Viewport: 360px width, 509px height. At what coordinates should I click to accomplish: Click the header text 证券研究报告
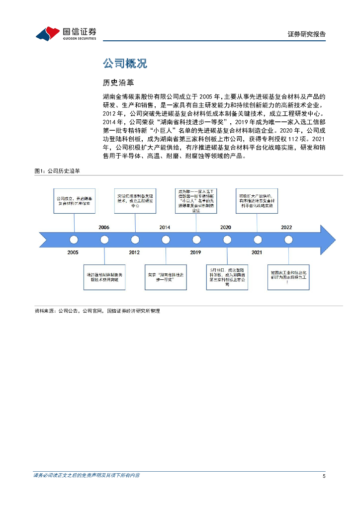[307, 34]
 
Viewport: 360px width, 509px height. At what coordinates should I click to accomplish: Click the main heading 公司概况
[125, 64]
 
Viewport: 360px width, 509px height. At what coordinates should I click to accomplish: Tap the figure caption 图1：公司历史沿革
[57, 170]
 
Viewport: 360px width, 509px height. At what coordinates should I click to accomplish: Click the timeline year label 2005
[73, 253]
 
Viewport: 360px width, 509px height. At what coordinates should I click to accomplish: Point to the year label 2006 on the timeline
[104, 227]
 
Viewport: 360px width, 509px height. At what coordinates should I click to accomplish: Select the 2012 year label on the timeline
[134, 253]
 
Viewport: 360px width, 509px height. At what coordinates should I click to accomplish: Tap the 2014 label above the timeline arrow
[165, 227]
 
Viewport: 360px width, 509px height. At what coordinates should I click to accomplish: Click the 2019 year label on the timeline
[195, 253]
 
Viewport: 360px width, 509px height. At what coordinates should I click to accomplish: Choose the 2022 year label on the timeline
[286, 227]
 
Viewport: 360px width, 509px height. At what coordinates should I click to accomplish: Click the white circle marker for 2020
[227, 240]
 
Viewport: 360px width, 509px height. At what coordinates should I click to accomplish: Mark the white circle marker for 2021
[257, 240]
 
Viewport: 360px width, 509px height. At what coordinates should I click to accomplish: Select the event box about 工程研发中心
[135, 200]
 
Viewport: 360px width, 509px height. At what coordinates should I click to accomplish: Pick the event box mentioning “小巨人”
[195, 200]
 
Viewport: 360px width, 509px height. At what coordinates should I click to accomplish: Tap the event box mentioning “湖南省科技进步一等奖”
[165, 277]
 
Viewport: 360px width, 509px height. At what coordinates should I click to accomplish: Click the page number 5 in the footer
[324, 476]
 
